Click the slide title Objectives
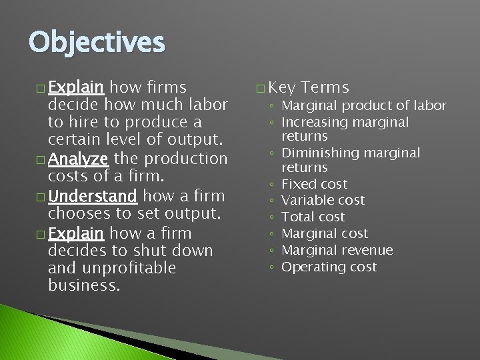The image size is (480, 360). pos(96,43)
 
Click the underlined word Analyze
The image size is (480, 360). pos(79,159)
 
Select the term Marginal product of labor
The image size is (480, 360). pos(363,105)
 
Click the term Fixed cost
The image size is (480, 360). pos(314,184)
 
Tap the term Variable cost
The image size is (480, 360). pos(323,201)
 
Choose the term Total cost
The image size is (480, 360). pos(313,217)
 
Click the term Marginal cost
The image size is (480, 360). pos(325,234)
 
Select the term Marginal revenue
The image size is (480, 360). pos(337,251)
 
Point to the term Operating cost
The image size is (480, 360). pos(329,267)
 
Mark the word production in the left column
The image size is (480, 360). pos(186,159)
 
